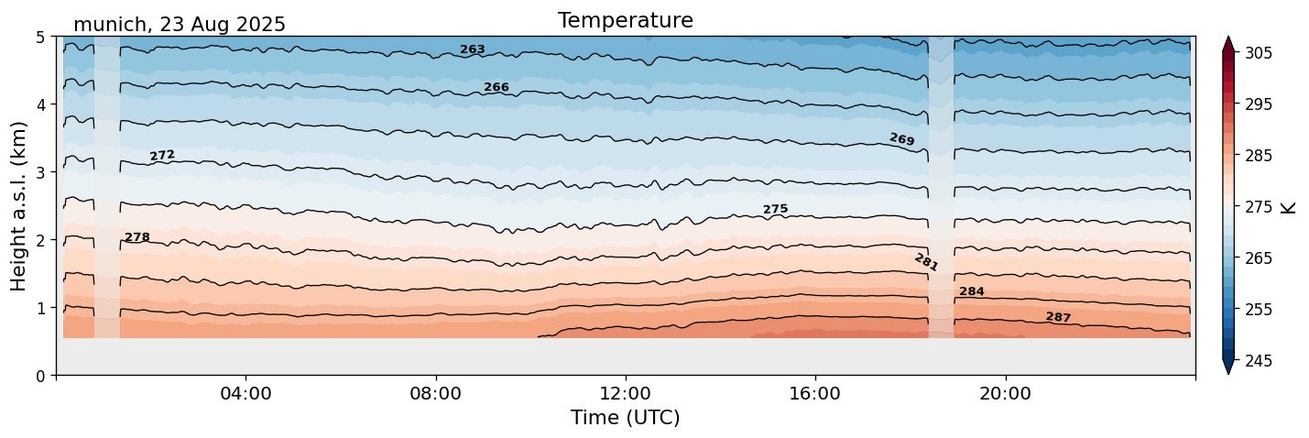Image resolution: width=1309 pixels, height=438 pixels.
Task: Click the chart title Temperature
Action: click(x=625, y=20)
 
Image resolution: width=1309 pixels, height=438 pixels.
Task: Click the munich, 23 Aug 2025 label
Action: click(x=180, y=25)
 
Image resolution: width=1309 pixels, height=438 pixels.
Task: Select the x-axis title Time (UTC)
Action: click(x=625, y=418)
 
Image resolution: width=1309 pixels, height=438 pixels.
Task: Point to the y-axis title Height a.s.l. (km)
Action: click(x=18, y=206)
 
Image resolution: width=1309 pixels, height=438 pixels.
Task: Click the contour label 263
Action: click(x=473, y=49)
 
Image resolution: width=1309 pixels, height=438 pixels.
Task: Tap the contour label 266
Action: click(x=496, y=87)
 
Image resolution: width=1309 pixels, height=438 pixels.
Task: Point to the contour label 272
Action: click(x=162, y=156)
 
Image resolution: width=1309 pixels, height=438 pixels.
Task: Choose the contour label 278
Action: click(x=137, y=237)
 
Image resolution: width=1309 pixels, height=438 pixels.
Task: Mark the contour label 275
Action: click(x=775, y=210)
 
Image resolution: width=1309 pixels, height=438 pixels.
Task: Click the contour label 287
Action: click(x=1058, y=317)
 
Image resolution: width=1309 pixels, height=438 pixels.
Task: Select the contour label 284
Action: click(x=972, y=291)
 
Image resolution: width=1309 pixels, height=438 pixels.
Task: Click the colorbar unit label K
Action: click(x=1290, y=207)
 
